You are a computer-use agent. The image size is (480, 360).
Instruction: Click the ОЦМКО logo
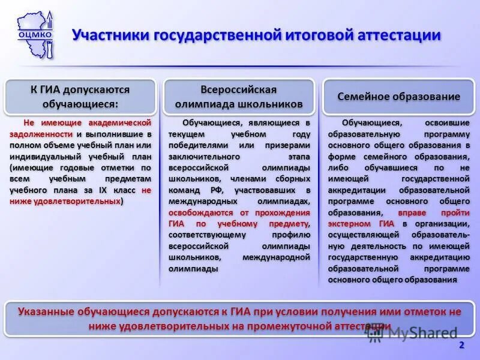pos(35,34)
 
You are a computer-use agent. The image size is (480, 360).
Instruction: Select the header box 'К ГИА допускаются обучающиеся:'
pos(80,96)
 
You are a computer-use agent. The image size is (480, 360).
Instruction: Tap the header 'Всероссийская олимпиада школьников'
pos(238,97)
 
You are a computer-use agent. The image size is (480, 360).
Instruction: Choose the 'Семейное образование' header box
pos(398,97)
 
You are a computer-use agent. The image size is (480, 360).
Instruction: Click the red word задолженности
pos(40,134)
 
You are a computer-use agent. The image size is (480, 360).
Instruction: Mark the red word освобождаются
pos(202,213)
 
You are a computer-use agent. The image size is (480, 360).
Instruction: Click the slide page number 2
pos(461,345)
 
